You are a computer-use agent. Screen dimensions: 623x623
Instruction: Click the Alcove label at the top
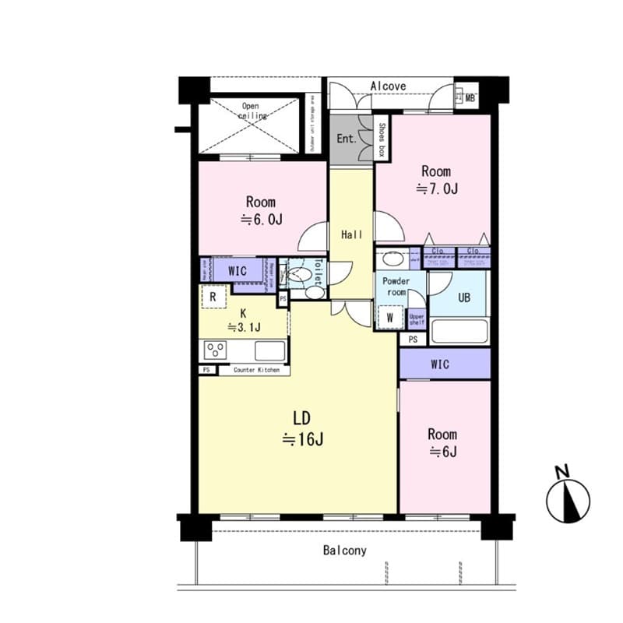389,86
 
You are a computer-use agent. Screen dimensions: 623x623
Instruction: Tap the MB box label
470,97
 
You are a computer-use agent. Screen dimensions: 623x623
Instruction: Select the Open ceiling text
250,111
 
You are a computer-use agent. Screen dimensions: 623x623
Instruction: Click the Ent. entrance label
346,139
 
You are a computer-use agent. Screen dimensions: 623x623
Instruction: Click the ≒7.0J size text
435,188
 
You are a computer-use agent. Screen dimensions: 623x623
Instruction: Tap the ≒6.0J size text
261,220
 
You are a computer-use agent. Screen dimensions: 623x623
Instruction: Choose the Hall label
352,234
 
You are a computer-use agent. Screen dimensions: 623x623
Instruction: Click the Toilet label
318,269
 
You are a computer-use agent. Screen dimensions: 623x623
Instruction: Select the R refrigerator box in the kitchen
213,297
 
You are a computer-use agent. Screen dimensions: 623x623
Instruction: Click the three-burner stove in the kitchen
215,350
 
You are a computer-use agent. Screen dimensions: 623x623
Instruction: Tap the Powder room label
396,287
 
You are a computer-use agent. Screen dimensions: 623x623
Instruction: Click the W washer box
389,317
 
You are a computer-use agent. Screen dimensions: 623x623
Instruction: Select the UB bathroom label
463,297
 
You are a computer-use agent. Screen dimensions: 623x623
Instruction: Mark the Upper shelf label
417,319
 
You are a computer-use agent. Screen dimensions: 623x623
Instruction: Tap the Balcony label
345,551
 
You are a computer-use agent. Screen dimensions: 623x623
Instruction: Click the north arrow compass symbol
568,499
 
